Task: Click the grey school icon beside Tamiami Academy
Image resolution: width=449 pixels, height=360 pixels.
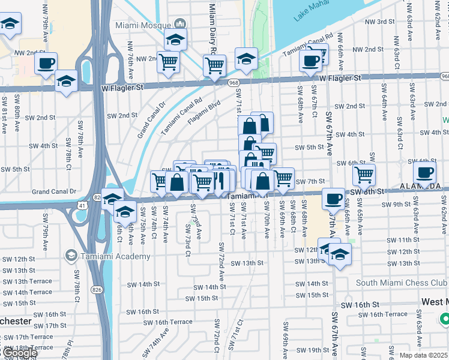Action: (71, 256)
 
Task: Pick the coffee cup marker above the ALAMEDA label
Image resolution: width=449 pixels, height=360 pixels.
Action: (424, 172)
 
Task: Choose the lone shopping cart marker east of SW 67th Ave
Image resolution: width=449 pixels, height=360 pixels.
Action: (363, 175)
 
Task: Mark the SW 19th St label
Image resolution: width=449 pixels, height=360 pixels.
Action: (313, 350)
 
